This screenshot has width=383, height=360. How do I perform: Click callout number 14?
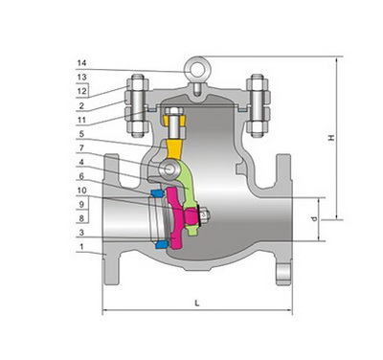(x=81, y=63)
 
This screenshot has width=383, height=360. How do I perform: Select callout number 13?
(x=81, y=77)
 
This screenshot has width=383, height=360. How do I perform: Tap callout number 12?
(x=81, y=91)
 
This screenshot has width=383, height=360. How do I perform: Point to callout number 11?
(x=81, y=120)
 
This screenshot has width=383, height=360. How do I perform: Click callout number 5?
(x=81, y=134)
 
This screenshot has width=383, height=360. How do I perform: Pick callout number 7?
(x=81, y=147)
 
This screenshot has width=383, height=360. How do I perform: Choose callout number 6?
(x=81, y=176)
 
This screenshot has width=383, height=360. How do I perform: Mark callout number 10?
(x=81, y=191)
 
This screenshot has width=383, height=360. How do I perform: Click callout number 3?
(x=81, y=233)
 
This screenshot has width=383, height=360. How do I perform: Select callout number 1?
(x=81, y=247)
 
